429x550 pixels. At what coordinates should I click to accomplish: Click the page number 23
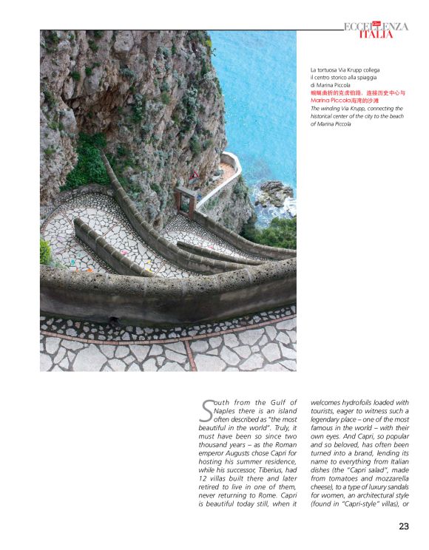tap(404, 526)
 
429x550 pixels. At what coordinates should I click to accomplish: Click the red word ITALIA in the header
tap(376, 35)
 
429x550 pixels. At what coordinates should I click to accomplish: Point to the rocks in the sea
tap(274, 194)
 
